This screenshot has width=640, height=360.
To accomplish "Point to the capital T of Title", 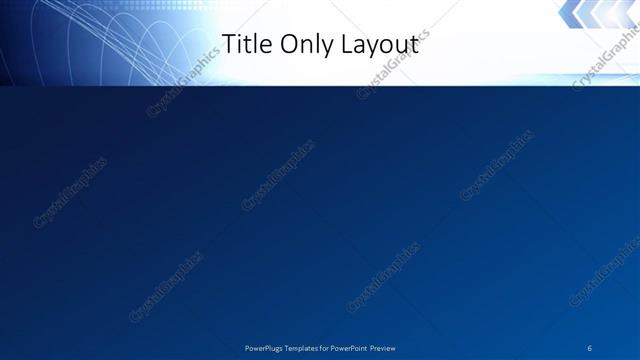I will tap(227, 44).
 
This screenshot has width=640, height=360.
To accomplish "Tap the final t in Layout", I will tap(413, 44).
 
